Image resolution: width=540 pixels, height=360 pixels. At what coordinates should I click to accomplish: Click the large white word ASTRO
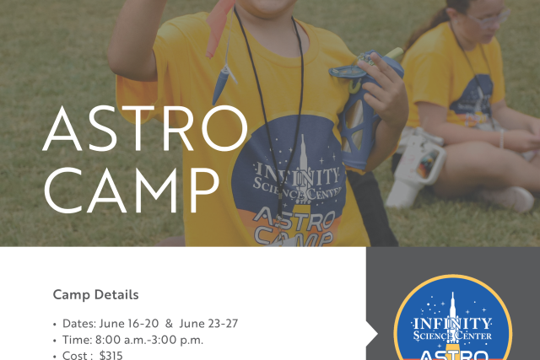pos(145,128)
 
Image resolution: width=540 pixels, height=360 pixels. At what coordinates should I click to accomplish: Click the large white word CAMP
pos(132,191)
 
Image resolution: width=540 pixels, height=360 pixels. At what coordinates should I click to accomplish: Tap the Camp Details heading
pos(95,294)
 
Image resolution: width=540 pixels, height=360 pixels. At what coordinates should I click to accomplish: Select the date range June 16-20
pos(129,324)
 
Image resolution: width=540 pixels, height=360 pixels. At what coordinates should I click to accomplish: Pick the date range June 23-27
pos(208,324)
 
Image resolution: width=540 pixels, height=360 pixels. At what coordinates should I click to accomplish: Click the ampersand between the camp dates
pos(169,324)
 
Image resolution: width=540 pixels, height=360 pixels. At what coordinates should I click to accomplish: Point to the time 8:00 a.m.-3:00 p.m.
pos(149,340)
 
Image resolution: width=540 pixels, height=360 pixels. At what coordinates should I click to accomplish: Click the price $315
pos(111,355)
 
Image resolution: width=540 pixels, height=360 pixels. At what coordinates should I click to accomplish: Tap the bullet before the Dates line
pos(55,325)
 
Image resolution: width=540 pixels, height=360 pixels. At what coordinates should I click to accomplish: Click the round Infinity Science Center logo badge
pos(452,320)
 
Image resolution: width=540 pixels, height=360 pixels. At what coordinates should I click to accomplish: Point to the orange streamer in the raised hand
pos(218,28)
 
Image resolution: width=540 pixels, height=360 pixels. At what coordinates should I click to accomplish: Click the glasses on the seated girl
pos(489,18)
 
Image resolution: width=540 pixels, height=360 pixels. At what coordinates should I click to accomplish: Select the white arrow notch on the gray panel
pos(372,334)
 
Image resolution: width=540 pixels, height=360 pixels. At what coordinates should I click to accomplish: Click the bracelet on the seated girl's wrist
pos(501,138)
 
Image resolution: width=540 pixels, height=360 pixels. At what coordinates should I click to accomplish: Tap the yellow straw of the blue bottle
pos(394,53)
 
